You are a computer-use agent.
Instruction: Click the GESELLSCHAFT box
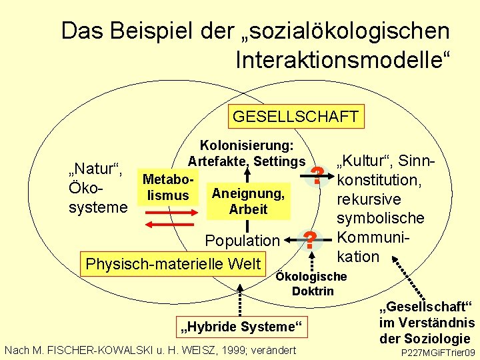[x=295, y=117]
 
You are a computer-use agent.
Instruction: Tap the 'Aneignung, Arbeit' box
[x=248, y=201]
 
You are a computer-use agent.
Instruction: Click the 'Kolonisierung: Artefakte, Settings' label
[x=246, y=153]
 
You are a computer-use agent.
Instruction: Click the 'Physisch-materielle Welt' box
[x=173, y=264]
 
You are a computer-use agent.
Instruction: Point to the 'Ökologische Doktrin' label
[x=312, y=284]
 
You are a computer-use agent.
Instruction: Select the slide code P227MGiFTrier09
[x=437, y=352]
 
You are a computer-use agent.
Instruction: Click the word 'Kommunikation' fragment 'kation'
[x=358, y=257]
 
